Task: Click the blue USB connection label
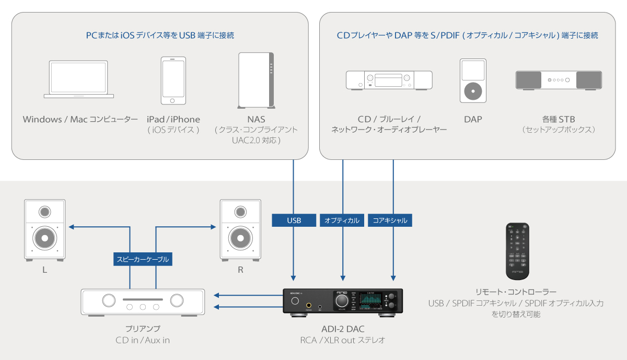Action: (294, 220)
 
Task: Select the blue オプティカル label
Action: (342, 220)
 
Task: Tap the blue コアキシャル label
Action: (391, 220)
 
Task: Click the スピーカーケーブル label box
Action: (143, 259)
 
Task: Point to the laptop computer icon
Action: (79, 79)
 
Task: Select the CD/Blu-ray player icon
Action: (390, 80)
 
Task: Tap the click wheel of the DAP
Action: (473, 90)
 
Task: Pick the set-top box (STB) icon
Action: (559, 80)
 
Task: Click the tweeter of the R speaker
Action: (240, 212)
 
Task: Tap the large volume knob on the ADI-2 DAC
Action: (342, 300)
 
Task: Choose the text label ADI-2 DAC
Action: (343, 329)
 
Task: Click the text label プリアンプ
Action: (143, 329)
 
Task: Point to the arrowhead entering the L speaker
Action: (72, 227)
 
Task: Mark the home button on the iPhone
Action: (173, 101)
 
